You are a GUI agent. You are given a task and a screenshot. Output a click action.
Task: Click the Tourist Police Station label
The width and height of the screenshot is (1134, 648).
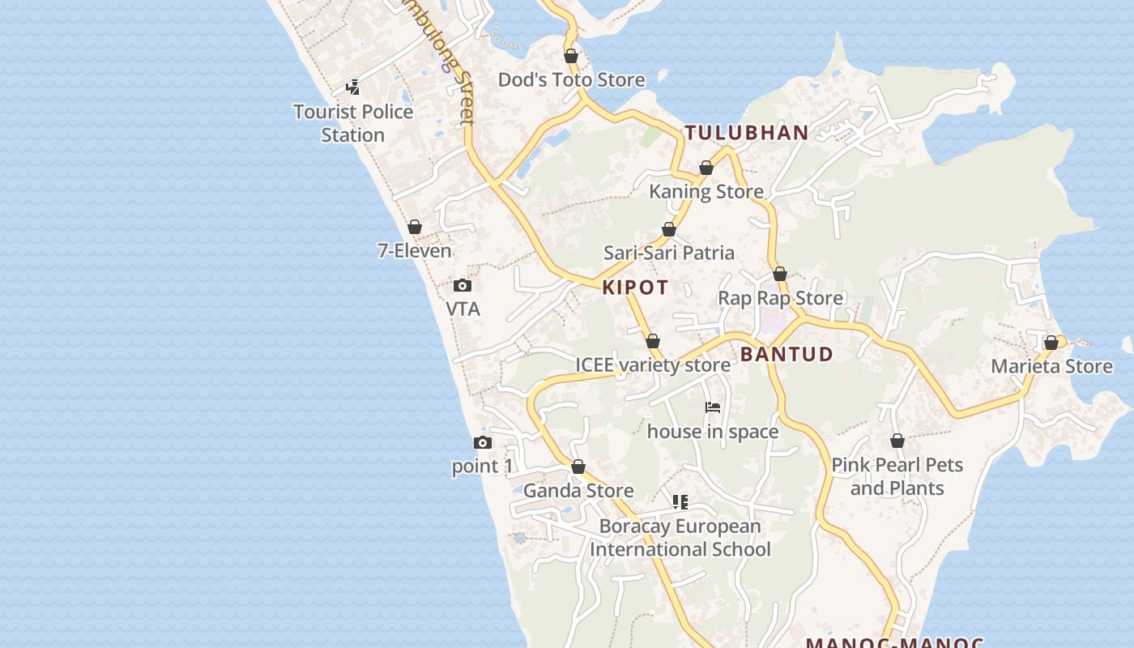(353, 123)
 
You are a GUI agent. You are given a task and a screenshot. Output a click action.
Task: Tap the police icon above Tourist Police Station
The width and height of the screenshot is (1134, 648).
(352, 87)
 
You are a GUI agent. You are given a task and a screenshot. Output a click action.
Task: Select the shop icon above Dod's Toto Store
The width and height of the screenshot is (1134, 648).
(571, 56)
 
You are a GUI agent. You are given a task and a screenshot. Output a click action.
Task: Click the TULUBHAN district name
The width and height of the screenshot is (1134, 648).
(747, 133)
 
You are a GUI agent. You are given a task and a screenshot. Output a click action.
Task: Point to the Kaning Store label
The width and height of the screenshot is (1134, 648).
(706, 191)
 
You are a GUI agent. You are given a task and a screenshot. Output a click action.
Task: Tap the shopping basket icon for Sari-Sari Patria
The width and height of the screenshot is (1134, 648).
(669, 229)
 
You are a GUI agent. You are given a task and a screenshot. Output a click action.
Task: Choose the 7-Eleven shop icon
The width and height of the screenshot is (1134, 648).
(415, 227)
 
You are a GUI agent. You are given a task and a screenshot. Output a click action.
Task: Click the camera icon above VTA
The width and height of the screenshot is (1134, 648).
(463, 285)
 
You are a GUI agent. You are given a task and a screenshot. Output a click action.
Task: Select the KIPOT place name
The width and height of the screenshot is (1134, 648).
(636, 288)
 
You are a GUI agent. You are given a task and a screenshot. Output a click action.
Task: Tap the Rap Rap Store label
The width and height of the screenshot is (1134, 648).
(780, 298)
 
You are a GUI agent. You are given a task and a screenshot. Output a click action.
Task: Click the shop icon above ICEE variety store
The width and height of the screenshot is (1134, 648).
(653, 341)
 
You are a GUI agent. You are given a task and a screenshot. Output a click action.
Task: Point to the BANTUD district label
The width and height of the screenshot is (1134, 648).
(787, 354)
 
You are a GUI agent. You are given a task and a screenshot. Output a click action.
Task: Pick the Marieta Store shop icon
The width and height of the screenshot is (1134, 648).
(1051, 343)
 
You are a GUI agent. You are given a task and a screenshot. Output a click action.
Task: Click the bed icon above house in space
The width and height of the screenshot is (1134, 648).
(713, 407)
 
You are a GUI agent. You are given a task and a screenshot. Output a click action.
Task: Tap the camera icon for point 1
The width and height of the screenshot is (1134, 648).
(483, 442)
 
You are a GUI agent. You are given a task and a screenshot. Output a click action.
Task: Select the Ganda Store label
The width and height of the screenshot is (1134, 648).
(578, 491)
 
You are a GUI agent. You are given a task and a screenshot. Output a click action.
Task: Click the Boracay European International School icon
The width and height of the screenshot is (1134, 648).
(680, 502)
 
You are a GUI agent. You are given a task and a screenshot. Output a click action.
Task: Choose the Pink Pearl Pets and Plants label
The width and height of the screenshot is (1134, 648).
(897, 476)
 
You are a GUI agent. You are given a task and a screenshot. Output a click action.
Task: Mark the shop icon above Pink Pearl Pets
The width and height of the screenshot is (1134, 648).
(897, 441)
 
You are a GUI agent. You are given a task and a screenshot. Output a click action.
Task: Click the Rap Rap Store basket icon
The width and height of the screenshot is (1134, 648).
(780, 275)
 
